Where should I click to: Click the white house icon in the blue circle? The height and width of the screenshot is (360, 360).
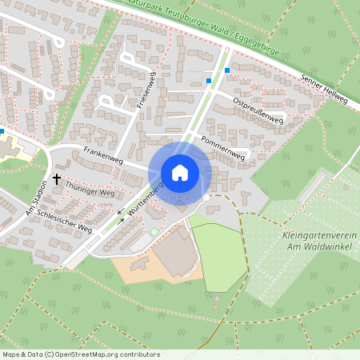tap(179, 173)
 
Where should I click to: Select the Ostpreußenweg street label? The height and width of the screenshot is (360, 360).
tap(258, 111)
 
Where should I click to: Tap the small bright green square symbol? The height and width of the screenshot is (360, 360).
tap(154, 232)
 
